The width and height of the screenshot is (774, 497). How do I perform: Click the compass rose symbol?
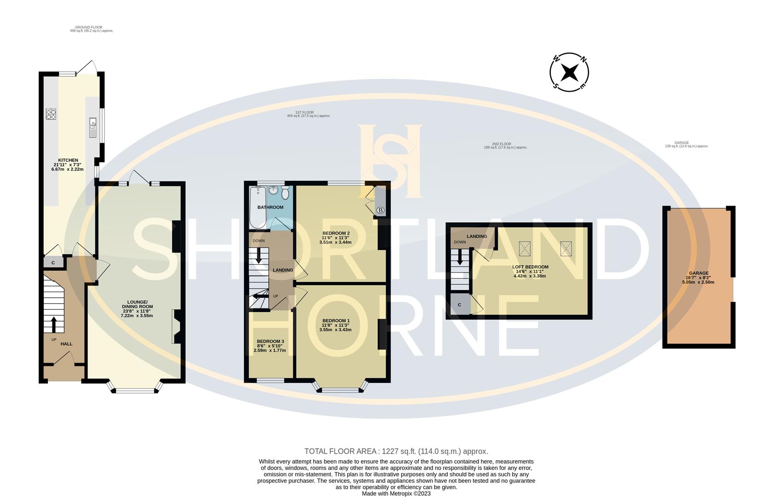click(x=570, y=72)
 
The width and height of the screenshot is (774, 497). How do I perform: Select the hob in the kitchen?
click(x=51, y=114)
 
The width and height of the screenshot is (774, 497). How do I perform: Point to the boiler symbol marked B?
click(x=380, y=210)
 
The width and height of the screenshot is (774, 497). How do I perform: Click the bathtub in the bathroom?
click(x=257, y=207)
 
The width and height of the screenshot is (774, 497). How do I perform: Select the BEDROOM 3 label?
click(x=270, y=341)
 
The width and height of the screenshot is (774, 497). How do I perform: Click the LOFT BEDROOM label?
click(x=530, y=267)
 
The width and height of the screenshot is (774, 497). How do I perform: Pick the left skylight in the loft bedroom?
click(x=525, y=248)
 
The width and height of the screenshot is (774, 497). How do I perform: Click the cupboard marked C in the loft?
click(x=460, y=305)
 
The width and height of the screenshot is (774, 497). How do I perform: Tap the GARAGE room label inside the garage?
click(x=698, y=273)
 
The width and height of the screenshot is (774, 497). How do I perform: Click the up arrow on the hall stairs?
click(x=53, y=324)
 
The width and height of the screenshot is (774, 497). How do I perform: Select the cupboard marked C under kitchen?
click(x=53, y=263)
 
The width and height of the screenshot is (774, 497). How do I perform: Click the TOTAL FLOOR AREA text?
click(x=396, y=451)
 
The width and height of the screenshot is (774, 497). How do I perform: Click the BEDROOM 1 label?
click(x=336, y=321)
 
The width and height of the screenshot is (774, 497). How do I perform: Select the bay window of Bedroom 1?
click(x=341, y=390)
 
